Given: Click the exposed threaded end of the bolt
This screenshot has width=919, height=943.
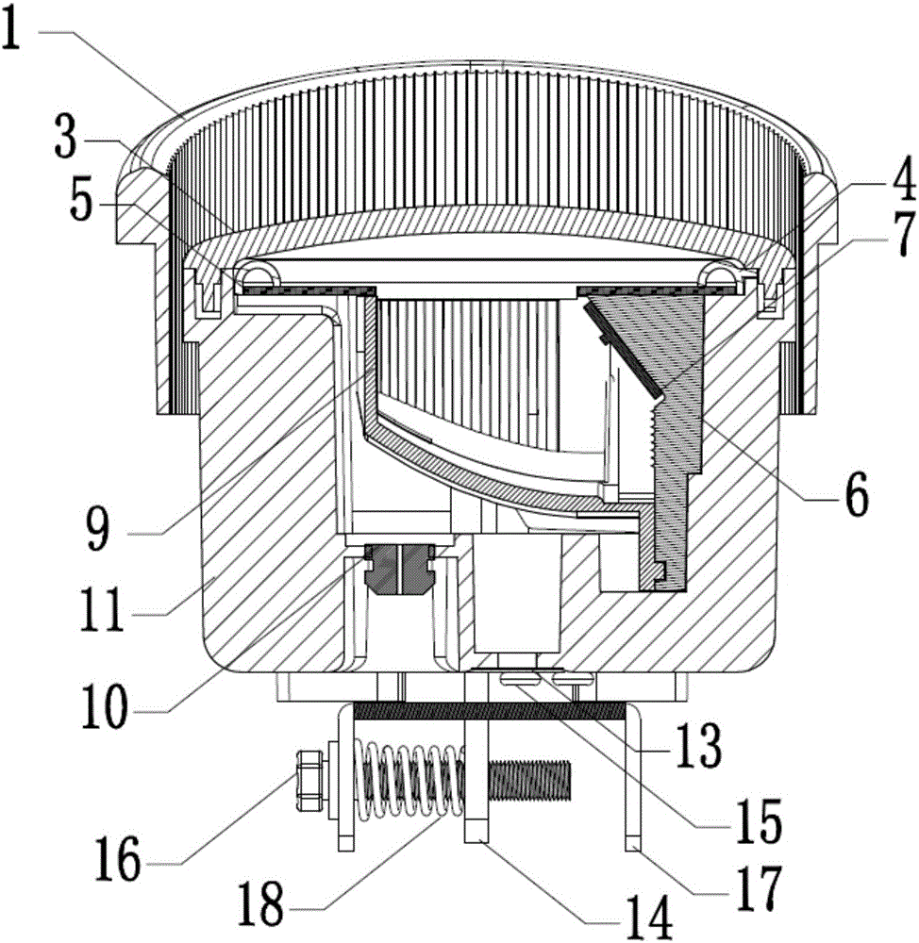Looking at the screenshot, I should click(x=528, y=778).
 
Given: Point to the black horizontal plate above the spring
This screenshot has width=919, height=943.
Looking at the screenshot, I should click(x=491, y=711).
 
